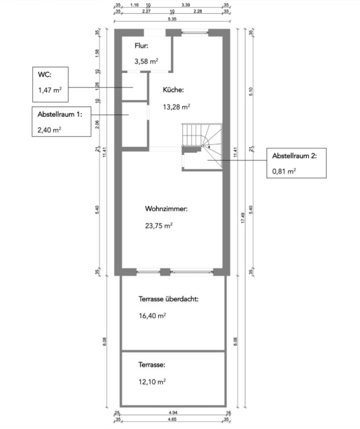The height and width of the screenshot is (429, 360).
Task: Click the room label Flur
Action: point(141,46)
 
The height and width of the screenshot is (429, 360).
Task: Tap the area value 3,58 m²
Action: point(146,61)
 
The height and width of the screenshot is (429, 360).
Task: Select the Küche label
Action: point(173,90)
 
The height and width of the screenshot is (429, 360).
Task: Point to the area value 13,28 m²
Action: point(176,107)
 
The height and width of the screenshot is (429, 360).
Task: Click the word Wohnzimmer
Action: point(167,209)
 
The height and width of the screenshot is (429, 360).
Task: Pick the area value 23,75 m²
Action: point(159,226)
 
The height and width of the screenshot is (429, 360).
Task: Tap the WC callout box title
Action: point(44,75)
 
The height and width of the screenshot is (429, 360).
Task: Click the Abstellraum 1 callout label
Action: point(60,114)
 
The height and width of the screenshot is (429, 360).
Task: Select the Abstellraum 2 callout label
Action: point(294,156)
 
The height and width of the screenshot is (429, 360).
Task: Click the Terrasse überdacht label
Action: point(168,299)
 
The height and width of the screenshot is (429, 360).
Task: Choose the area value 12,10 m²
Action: point(152,382)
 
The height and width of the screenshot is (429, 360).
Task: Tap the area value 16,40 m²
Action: point(152,316)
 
